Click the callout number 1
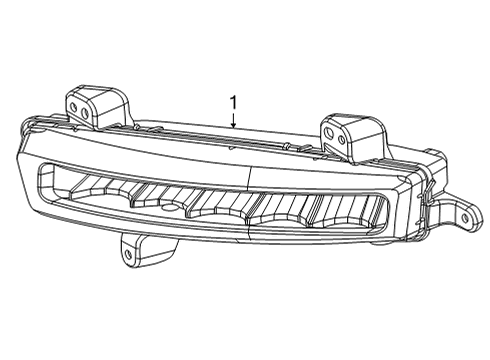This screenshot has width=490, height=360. [x=233, y=102]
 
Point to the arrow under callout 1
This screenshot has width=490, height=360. [x=233, y=121]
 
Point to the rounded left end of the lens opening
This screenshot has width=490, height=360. [x=42, y=181]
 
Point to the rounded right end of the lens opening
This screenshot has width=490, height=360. [x=392, y=222]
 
